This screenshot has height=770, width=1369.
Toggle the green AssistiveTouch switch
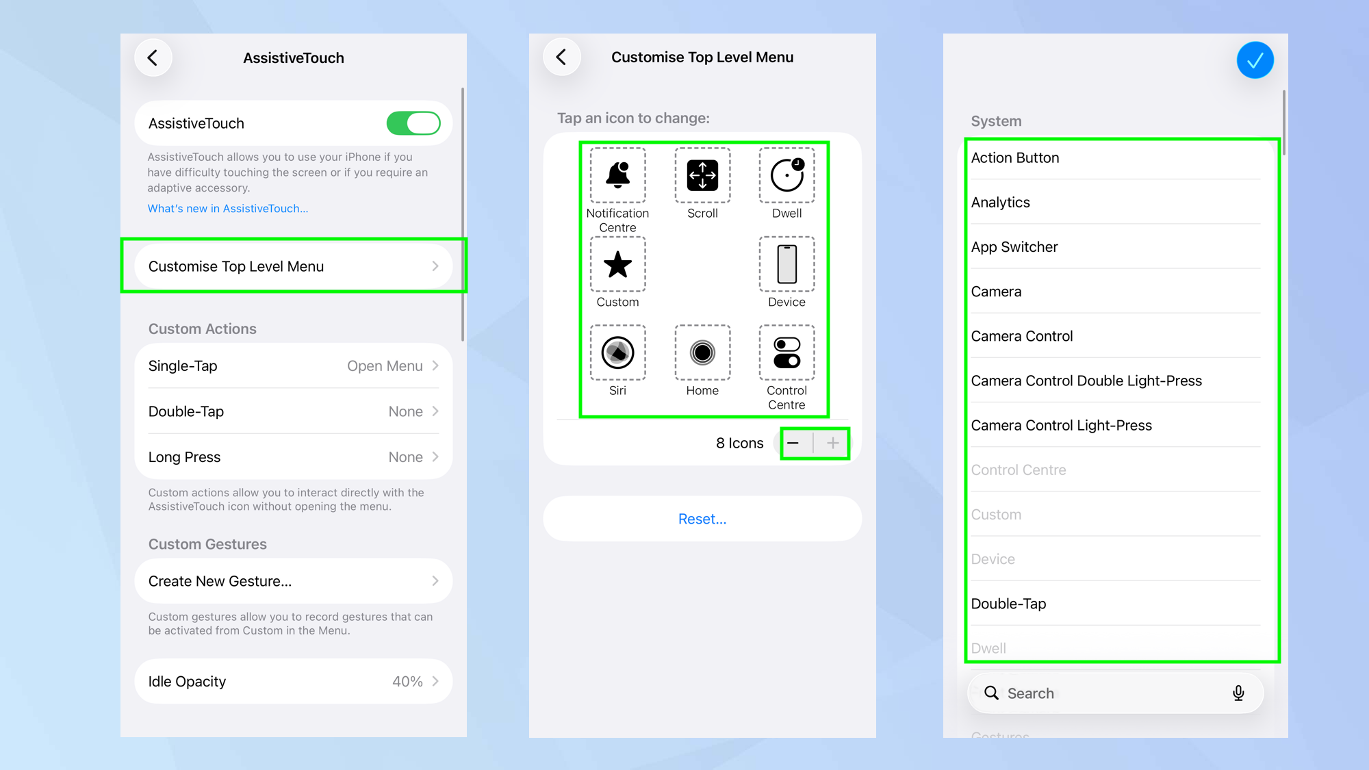pos(413,123)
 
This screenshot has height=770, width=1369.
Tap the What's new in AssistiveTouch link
pos(228,209)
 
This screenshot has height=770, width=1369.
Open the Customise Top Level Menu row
pos(293,266)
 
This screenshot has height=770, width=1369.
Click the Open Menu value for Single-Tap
pos(385,366)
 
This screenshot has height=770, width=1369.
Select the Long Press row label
pos(184,457)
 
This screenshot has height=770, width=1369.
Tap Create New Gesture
pos(220,581)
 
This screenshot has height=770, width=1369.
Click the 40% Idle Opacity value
pos(407,682)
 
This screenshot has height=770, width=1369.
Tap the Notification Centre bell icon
pos(617,175)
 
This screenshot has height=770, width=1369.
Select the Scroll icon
pos(702,175)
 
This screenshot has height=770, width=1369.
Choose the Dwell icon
pos(786,175)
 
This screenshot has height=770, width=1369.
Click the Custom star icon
pos(617,264)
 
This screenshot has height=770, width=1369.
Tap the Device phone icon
pos(786,264)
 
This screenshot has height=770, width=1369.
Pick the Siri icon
pos(617,352)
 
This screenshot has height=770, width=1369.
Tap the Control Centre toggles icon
pos(786,352)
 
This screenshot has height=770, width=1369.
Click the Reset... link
pos(702,519)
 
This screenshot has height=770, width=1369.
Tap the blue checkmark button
pos(1255,60)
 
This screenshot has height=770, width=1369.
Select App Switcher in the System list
pos(1014,247)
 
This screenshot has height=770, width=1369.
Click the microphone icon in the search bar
pos(1238,693)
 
